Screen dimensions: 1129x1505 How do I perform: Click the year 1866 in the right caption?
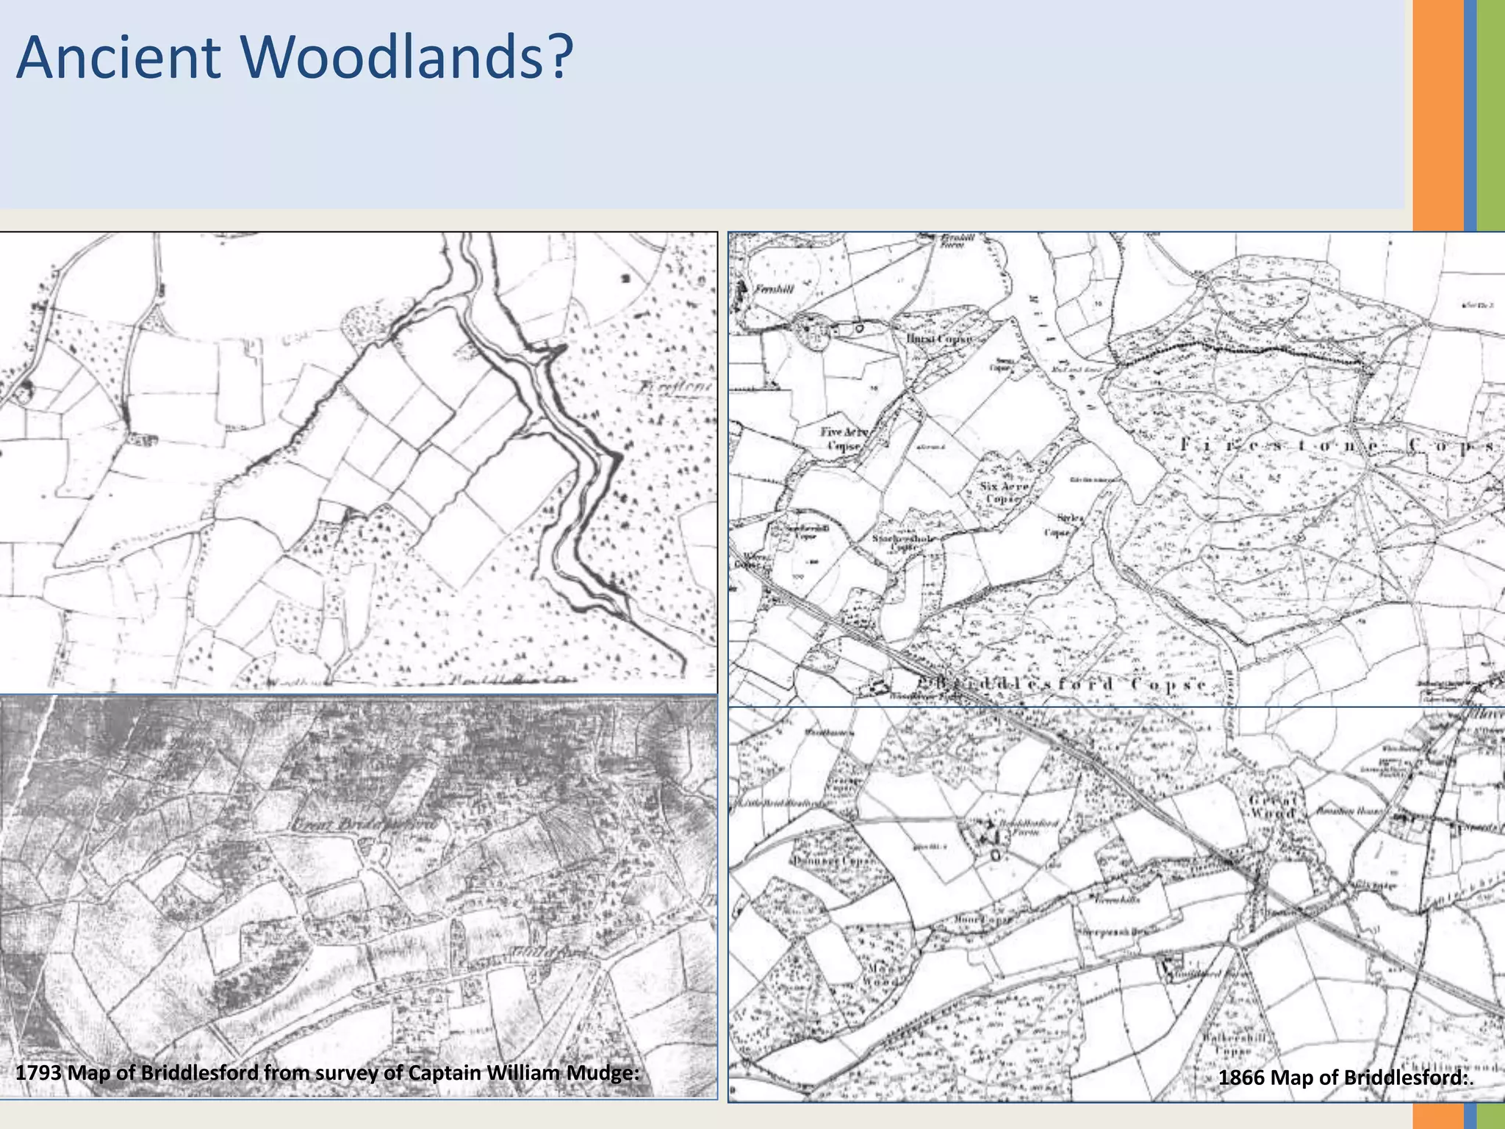click(1241, 1078)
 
